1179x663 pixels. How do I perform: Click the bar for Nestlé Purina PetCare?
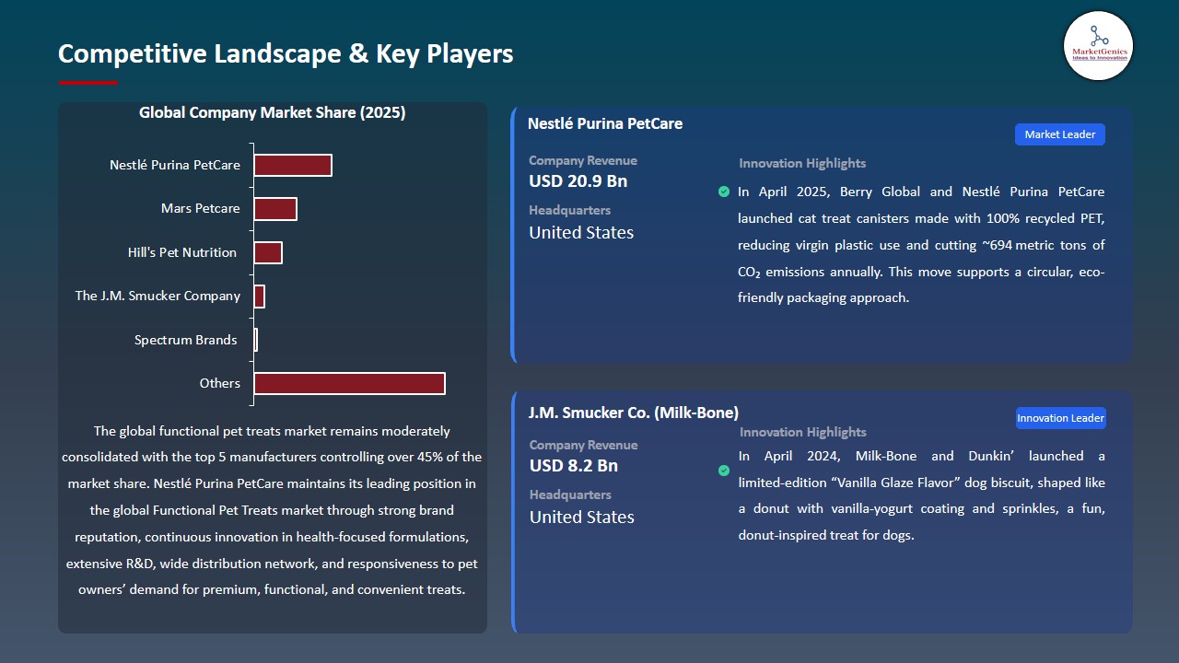tap(293, 165)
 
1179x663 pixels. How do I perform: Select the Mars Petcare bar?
tap(275, 209)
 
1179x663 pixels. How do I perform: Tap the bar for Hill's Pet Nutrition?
tap(268, 252)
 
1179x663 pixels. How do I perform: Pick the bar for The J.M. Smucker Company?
tap(260, 297)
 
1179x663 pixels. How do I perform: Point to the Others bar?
tap(349, 383)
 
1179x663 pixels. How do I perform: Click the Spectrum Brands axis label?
tap(185, 340)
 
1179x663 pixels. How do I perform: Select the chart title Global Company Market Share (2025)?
tap(273, 113)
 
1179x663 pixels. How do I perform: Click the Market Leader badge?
tap(1059, 134)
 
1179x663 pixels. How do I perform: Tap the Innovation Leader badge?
tap(1060, 418)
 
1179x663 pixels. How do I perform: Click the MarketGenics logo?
tap(1098, 45)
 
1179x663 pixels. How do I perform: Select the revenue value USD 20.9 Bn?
tap(578, 181)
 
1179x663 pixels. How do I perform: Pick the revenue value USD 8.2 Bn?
tap(573, 466)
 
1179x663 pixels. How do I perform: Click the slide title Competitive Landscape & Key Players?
tap(286, 53)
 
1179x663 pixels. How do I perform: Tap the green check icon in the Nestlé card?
tap(724, 192)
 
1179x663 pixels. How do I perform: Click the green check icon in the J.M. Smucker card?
tap(724, 471)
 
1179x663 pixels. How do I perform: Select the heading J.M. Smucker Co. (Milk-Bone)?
tap(634, 413)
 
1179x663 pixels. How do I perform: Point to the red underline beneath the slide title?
tap(88, 83)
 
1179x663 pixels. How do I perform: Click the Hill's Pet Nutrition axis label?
tap(182, 252)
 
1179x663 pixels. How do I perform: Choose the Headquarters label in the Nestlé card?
tap(569, 210)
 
